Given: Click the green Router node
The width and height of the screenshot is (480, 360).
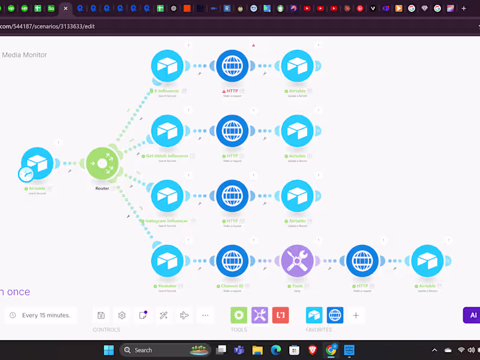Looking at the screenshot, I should (103, 163).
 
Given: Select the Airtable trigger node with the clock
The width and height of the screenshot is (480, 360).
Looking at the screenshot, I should (37, 163).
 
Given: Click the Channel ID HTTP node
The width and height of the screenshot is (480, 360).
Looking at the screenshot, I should (232, 261).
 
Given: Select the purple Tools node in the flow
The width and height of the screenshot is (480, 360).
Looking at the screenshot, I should (297, 261).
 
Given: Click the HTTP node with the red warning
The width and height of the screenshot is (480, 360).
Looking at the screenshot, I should (232, 66).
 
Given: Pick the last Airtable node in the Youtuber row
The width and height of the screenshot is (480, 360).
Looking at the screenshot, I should (427, 261).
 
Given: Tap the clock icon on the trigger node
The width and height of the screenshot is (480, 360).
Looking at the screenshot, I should (26, 174).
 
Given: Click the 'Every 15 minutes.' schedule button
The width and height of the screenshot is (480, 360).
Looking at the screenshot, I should (41, 315).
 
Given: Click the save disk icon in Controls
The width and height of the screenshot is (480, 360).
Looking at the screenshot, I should (101, 315).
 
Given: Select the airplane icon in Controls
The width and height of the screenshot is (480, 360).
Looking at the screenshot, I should (184, 315).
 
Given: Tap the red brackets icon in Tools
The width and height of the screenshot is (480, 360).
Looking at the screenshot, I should (280, 315).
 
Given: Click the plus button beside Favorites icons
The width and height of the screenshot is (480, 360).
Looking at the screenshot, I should (356, 315).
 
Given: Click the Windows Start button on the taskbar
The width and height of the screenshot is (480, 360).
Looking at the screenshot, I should (109, 350).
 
